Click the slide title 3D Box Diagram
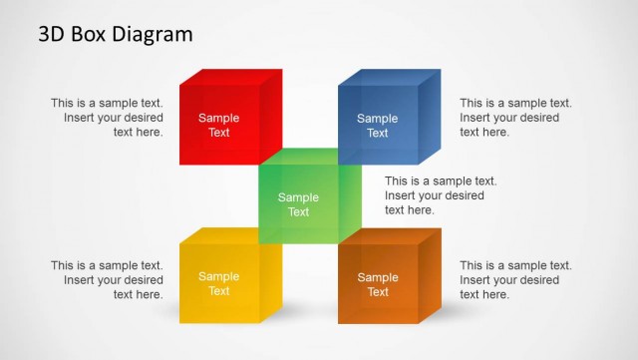click(x=116, y=35)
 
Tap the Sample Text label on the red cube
click(x=218, y=125)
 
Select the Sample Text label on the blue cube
click(x=378, y=125)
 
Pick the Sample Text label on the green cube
click(x=298, y=204)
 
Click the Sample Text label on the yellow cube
click(x=218, y=284)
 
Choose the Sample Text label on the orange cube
click(x=378, y=284)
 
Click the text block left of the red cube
click(x=107, y=117)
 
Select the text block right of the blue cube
click(x=515, y=117)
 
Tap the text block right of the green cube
click(x=441, y=195)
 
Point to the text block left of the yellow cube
click(x=107, y=280)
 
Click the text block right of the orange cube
click(x=515, y=280)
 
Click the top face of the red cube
click(x=231, y=77)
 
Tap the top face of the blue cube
click(x=390, y=77)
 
